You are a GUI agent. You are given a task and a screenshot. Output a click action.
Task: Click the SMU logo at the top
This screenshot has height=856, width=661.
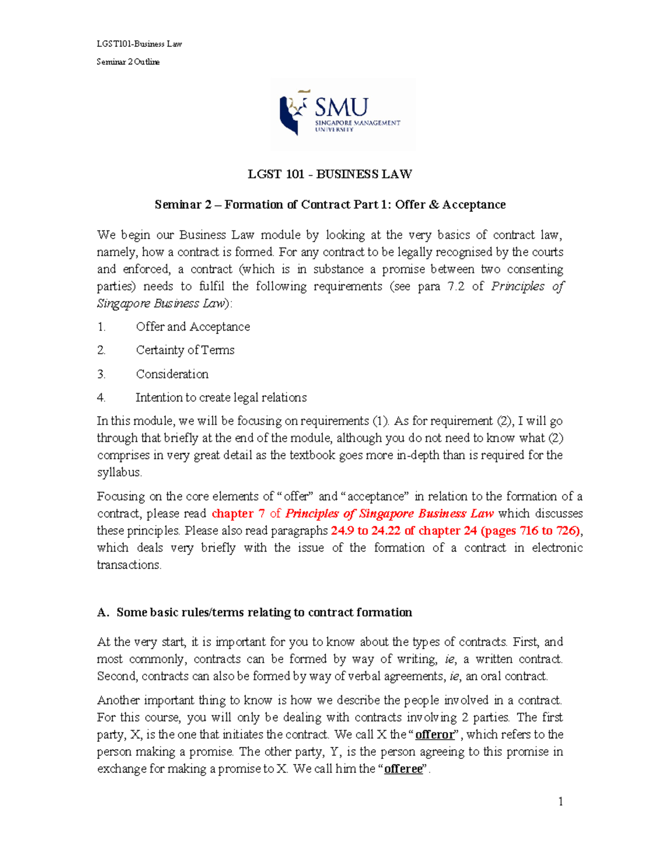point(342,114)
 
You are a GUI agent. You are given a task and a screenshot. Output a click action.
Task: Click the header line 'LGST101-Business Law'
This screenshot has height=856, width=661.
point(139,44)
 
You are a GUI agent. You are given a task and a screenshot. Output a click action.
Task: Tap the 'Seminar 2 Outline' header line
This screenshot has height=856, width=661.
point(128,62)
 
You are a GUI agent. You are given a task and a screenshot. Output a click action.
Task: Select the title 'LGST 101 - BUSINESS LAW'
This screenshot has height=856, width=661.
point(330,174)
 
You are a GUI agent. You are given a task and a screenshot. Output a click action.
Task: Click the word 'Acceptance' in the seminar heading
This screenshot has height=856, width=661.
point(474,204)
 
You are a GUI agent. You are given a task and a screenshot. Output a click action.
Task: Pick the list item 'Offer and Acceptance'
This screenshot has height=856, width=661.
point(193,327)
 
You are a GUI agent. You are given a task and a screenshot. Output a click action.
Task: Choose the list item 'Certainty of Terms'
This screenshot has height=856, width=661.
point(185,350)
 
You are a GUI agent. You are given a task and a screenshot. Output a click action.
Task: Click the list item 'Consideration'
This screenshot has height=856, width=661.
point(172,374)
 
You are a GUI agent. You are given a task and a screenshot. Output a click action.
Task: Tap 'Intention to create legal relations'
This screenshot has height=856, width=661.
point(221,397)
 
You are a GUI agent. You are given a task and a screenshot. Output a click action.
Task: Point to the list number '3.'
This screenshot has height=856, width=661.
point(101,374)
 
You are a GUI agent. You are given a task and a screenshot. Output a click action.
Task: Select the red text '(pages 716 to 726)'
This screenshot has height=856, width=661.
point(530,530)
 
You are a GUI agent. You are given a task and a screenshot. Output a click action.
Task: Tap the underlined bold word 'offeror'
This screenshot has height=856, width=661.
point(435,734)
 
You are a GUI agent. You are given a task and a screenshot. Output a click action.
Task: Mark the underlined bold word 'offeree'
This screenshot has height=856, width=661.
point(403,768)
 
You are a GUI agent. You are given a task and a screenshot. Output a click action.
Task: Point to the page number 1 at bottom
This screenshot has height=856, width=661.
point(560,802)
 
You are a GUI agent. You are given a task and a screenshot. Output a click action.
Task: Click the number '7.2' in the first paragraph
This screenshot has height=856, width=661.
point(456,286)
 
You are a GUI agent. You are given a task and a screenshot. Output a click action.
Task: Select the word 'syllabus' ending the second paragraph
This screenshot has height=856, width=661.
point(119,472)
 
